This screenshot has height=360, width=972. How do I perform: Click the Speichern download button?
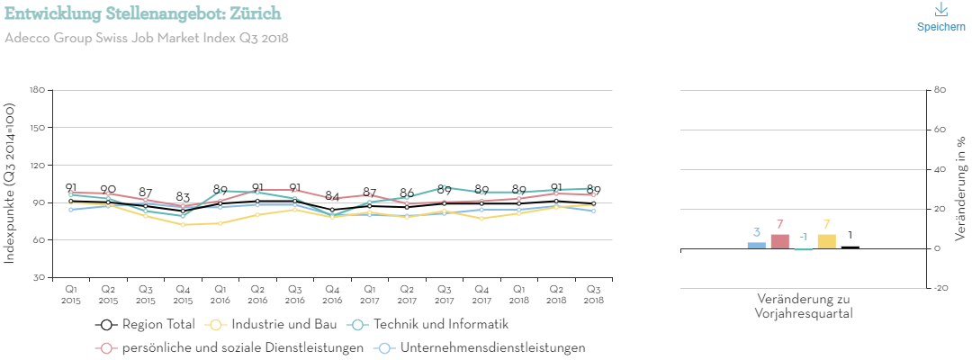[x=940, y=17]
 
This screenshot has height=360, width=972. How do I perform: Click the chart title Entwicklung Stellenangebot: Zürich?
[x=143, y=13]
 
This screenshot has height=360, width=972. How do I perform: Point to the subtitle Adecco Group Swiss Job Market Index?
[x=147, y=38]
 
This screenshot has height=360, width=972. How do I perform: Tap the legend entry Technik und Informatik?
[x=432, y=324]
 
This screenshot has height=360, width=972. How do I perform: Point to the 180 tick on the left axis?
[x=37, y=90]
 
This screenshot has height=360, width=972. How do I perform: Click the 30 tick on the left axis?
[x=40, y=278]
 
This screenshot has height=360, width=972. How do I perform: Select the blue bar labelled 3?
[x=757, y=245]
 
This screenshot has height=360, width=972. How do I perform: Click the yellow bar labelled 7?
[x=826, y=241]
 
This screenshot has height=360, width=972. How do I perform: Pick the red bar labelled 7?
[x=780, y=241]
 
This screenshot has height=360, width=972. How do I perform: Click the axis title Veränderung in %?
[x=960, y=169]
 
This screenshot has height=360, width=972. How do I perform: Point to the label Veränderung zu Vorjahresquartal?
[x=804, y=306]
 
